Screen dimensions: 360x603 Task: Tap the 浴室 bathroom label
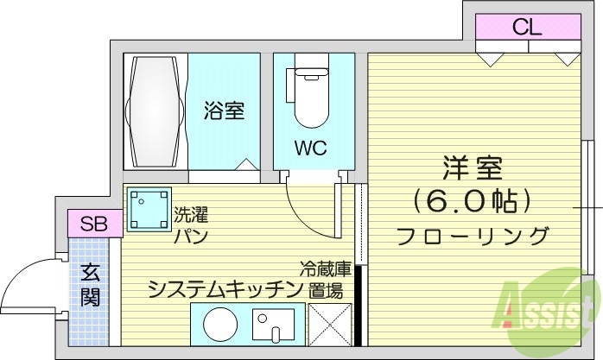pyautogui.click(x=224, y=111)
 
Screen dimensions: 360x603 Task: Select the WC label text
pyautogui.click(x=309, y=148)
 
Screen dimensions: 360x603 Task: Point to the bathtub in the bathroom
pyautogui.click(x=156, y=111)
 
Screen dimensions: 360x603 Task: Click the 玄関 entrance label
pyautogui.click(x=91, y=287)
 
